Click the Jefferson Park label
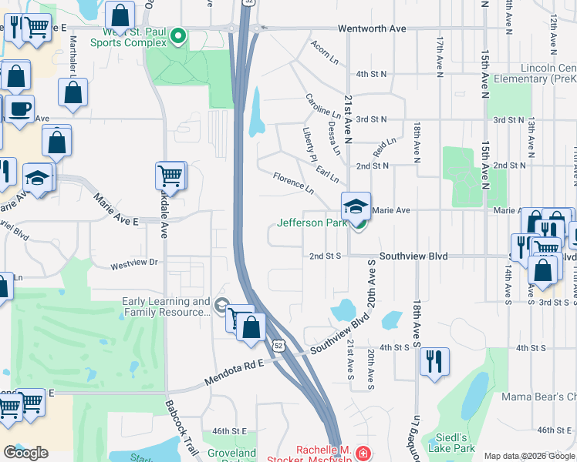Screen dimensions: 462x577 (x=311, y=224)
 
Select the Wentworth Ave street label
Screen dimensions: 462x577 (x=372, y=28)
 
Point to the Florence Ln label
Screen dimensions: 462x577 (x=293, y=183)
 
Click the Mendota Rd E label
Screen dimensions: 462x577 (x=235, y=373)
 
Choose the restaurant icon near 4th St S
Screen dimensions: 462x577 (x=434, y=360)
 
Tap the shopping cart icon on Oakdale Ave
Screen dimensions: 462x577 (x=170, y=175)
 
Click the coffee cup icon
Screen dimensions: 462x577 (x=20, y=109)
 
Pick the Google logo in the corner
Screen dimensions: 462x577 (x=25, y=453)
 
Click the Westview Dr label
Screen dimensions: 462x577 (x=133, y=263)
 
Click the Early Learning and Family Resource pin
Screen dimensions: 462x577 (x=222, y=306)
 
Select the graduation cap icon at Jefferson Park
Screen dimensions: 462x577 (x=356, y=206)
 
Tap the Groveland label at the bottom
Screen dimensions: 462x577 (x=232, y=454)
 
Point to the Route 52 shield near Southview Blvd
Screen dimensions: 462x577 (x=278, y=346)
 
